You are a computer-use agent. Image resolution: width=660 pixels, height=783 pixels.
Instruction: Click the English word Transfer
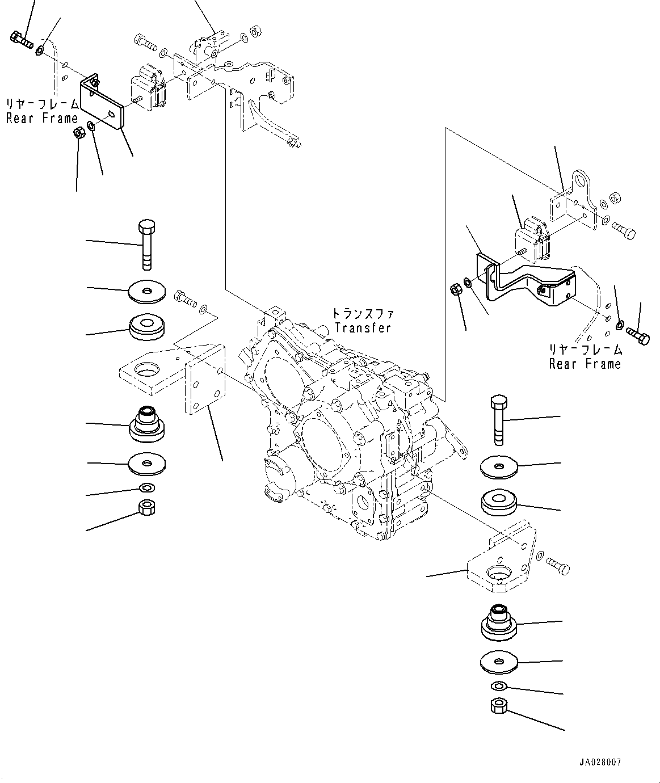(363, 328)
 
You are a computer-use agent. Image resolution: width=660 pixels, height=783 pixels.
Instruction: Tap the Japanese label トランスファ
(363, 313)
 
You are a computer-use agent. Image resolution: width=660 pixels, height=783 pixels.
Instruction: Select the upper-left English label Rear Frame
(41, 119)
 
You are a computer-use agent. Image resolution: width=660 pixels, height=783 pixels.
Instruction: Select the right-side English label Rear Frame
(585, 364)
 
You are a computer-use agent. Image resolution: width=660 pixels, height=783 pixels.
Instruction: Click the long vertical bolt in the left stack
(146, 245)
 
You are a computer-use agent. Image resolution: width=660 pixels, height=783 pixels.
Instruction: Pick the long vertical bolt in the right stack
(499, 420)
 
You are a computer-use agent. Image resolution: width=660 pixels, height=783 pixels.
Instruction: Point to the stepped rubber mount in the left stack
(146, 424)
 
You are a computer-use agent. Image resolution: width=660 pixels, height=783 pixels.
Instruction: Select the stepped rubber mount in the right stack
(499, 622)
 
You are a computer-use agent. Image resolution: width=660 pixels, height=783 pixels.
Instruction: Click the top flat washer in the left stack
(146, 292)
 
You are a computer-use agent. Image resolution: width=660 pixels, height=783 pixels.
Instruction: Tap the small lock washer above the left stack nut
(146, 488)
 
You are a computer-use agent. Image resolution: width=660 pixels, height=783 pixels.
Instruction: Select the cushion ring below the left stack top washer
(146, 327)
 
